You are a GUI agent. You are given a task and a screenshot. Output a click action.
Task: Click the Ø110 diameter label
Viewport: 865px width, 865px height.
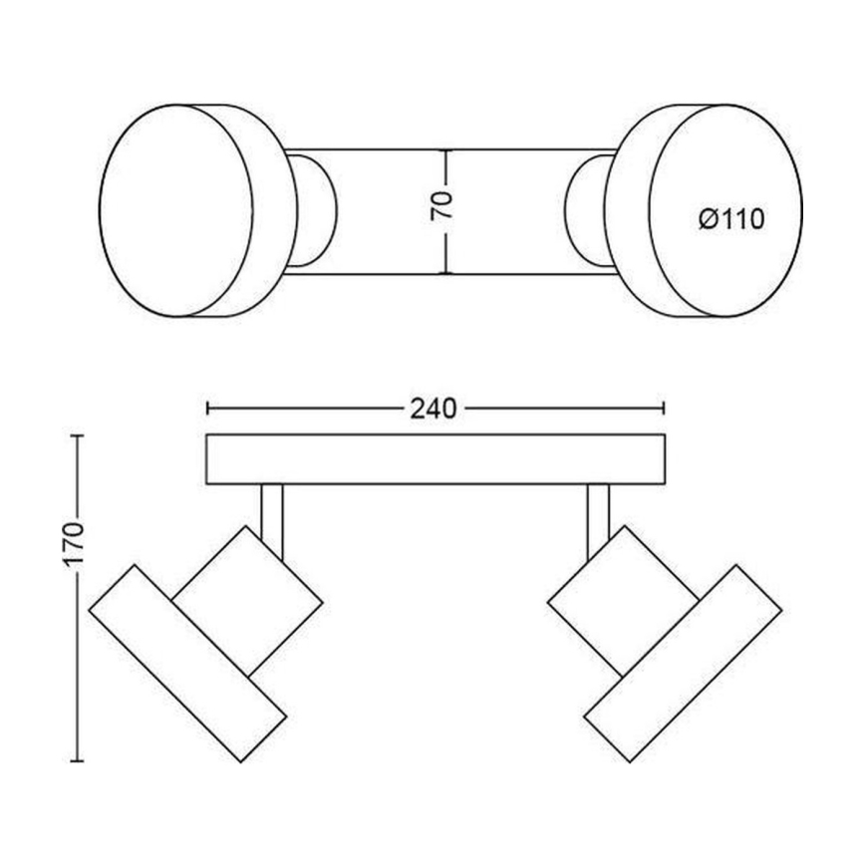731,218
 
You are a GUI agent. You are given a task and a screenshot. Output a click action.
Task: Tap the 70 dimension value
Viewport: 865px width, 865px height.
444,204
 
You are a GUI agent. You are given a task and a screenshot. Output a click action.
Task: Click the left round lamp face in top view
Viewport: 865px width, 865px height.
175,209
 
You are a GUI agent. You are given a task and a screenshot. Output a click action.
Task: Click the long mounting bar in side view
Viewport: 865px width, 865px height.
434,459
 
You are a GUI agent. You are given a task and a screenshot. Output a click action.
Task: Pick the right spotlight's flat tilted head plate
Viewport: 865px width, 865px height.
682,663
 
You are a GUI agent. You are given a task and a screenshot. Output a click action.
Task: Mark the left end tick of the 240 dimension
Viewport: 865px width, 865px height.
206,408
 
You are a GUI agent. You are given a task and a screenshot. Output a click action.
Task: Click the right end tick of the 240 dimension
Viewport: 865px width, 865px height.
665,408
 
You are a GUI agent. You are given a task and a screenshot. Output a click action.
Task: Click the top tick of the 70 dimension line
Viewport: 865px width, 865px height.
445,150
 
